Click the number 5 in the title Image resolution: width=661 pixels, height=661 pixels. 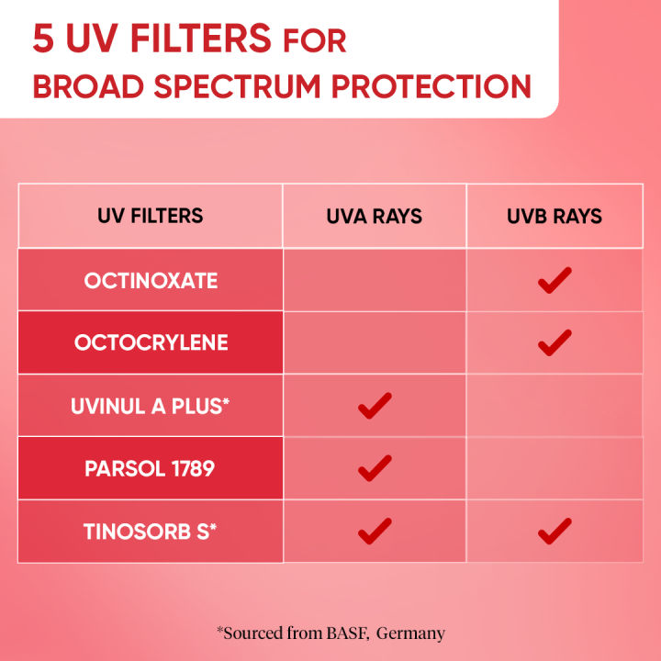43,40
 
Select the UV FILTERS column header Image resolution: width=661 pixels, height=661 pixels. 151,217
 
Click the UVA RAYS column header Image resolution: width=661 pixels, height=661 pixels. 374,217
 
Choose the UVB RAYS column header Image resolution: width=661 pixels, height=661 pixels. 555,217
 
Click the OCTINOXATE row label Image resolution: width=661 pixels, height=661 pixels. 151,281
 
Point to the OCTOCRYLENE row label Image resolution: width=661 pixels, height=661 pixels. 151,342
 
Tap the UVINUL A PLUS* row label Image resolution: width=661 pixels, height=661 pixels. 151,405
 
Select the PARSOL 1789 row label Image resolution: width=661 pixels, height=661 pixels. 151,468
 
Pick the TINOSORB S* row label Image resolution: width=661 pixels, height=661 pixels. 151,531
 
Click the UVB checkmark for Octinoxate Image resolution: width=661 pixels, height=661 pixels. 555,280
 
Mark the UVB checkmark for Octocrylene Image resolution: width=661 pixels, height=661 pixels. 555,342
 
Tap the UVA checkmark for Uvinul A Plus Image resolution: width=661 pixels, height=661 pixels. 375,405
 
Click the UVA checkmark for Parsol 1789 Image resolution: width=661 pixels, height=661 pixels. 375,468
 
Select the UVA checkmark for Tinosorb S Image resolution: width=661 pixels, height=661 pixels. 375,531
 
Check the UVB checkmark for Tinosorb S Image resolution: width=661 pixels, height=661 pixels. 555,531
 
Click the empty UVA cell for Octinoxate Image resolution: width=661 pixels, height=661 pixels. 375,280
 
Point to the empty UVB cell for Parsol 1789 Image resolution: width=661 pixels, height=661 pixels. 555,468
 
